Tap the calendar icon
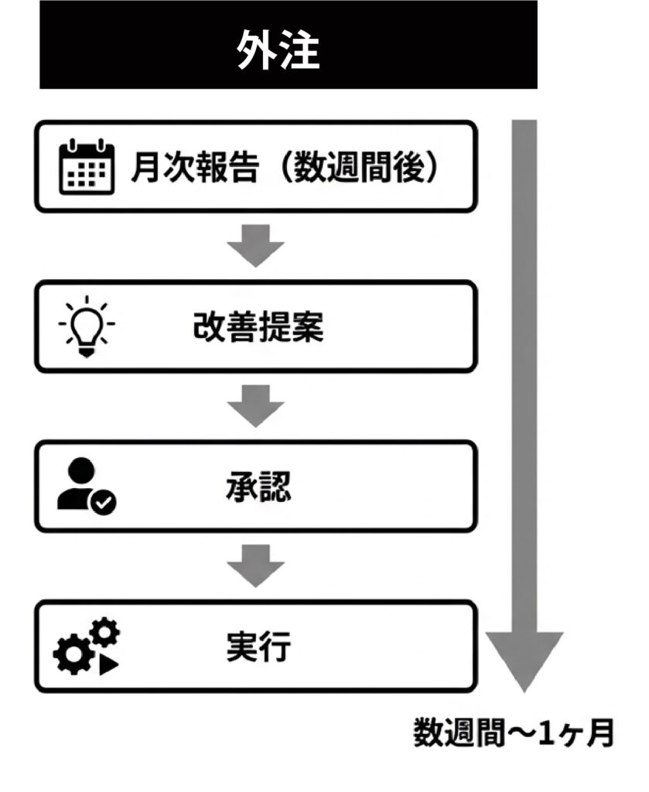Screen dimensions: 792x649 (x=87, y=167)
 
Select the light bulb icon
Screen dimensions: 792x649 (x=87, y=326)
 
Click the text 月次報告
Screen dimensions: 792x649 (x=193, y=167)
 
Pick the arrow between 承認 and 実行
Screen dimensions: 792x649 (x=256, y=566)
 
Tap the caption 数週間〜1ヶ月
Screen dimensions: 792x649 (x=513, y=731)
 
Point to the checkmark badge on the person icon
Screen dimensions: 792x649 (x=104, y=504)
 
